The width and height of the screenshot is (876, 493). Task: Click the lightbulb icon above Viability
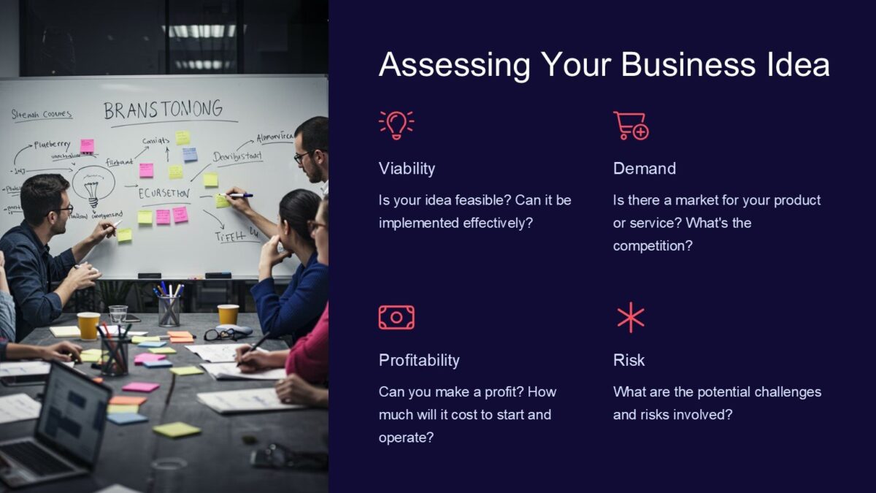pos(396,125)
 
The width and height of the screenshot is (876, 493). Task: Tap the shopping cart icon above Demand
pos(631,125)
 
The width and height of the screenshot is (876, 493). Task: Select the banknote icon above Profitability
pos(396,317)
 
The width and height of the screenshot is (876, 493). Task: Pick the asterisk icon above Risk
pos(631,317)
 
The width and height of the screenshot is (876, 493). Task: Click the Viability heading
pos(407,169)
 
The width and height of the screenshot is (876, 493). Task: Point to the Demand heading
pos(644,169)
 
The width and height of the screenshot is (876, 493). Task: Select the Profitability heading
pos(419,360)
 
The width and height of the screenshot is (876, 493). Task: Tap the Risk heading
pos(629,360)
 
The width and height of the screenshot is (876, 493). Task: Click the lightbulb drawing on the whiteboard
pos(93,186)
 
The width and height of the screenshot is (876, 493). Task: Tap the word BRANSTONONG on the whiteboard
pos(163,111)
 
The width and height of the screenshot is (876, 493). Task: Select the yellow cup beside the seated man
pos(88,326)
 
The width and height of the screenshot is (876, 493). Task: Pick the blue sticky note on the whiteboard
pos(190,154)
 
